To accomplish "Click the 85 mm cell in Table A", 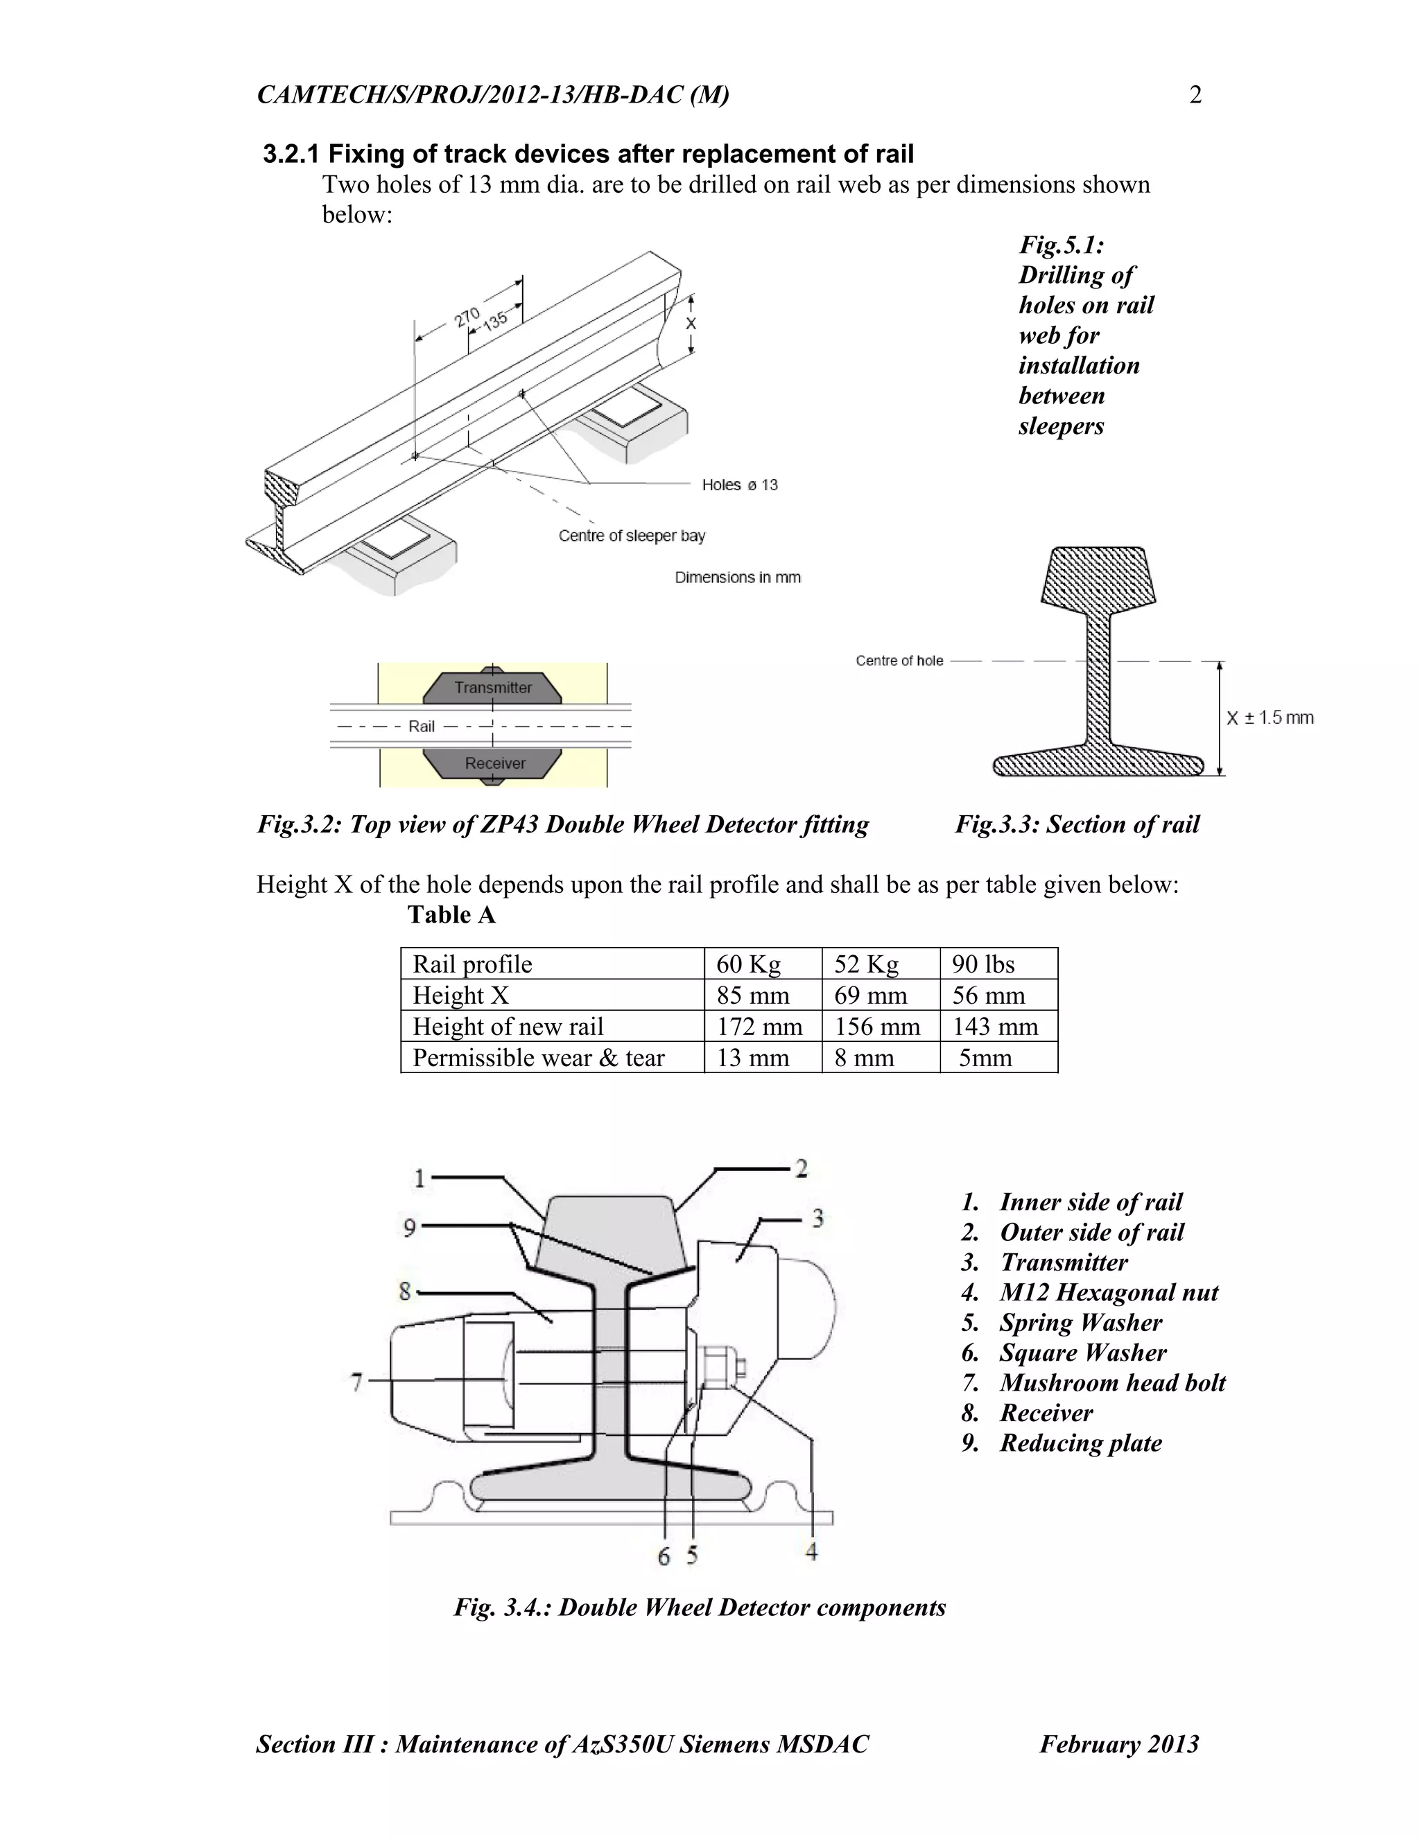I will coord(752,995).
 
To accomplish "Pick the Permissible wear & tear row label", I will coord(538,1057).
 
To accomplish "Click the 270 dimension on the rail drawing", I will coord(467,318).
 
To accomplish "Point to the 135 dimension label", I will coord(496,320).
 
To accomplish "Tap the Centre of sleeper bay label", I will coord(632,536).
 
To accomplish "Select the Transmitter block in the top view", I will coord(493,687).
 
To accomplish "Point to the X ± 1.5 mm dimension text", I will coord(1270,717).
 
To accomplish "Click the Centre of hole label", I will coord(899,661).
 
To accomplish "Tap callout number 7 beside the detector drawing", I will coord(356,1382).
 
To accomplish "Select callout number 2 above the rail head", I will coord(801,1168).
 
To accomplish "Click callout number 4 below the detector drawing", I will coord(811,1551).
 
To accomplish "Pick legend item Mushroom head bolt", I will coord(1111,1383).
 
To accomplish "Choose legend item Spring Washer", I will coord(1080,1322).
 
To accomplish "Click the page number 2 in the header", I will coord(1195,95).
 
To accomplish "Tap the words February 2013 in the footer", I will coord(1119,1743).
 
